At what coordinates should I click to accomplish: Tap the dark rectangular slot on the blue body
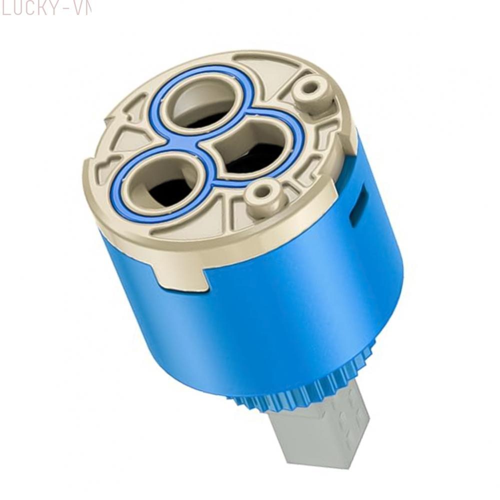[358, 205]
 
